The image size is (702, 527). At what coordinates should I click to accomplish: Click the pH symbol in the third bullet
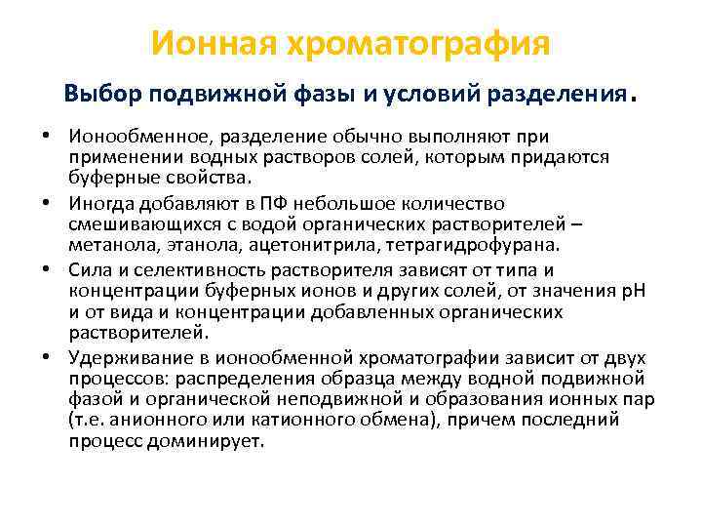point(615,290)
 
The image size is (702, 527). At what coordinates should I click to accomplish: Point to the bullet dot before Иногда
point(46,203)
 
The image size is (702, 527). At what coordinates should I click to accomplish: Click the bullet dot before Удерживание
point(46,356)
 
